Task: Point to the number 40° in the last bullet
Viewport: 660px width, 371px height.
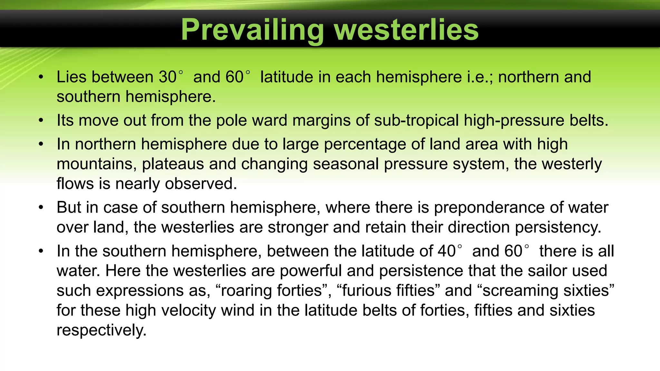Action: pyautogui.click(x=450, y=251)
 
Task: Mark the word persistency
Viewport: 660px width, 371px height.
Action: pyautogui.click(x=558, y=227)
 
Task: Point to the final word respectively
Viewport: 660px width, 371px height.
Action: pyautogui.click(x=102, y=331)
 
